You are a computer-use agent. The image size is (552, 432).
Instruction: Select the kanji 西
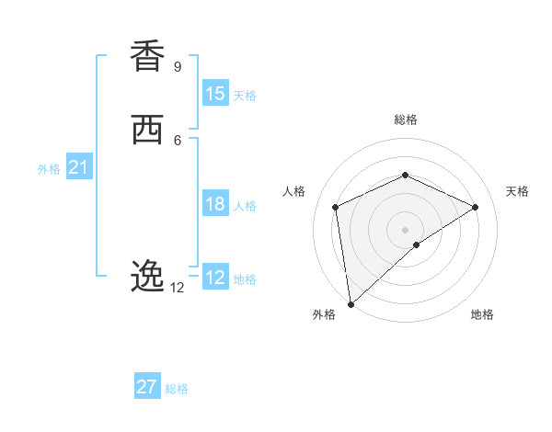[x=147, y=131]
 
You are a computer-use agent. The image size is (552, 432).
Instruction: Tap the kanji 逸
[x=147, y=276]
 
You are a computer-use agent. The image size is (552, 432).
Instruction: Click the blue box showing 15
[x=215, y=94]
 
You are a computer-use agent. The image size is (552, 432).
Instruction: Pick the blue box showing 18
[x=215, y=204]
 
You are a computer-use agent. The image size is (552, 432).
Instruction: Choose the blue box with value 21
[x=78, y=167]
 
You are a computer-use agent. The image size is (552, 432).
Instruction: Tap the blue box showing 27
[x=147, y=387]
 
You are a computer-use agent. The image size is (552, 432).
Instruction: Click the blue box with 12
[x=215, y=278]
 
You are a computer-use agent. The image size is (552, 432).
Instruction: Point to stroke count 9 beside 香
[x=178, y=66]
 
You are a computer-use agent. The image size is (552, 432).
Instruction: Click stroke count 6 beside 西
[x=178, y=140]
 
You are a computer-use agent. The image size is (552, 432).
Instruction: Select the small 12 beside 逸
[x=177, y=288]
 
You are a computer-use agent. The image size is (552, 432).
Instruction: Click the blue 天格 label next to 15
[x=245, y=96]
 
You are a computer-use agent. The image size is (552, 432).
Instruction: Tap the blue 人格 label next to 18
[x=245, y=206]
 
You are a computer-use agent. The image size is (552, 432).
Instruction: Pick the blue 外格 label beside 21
[x=49, y=169]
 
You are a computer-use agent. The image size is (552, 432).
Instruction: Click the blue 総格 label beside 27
[x=177, y=389]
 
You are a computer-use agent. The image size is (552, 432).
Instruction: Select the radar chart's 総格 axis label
[x=405, y=119]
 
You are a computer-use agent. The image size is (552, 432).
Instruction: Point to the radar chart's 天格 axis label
[x=518, y=191]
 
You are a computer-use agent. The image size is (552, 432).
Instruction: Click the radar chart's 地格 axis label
[x=482, y=315]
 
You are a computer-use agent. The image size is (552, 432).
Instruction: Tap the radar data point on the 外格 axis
[x=350, y=303]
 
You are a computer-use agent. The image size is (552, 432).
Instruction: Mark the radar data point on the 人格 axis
[x=336, y=207]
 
